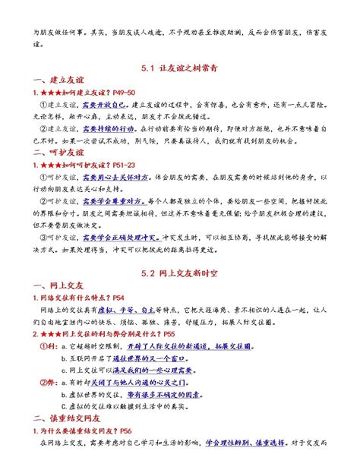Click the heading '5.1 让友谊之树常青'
[180, 67]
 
